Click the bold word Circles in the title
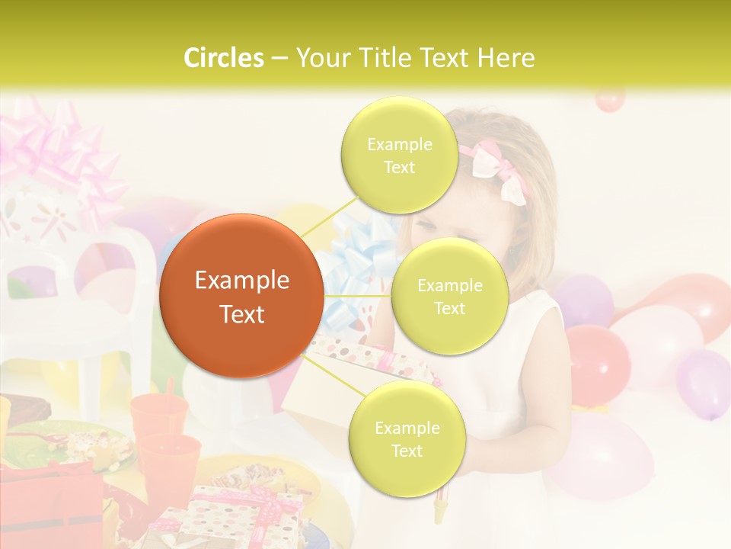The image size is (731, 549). [x=224, y=58]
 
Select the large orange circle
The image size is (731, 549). [x=241, y=296]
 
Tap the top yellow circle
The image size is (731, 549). [x=399, y=155]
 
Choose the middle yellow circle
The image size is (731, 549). [x=449, y=296]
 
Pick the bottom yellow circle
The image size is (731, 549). [x=407, y=439]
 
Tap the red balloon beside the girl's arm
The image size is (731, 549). [x=597, y=358]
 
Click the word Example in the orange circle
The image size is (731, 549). [x=241, y=281]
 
